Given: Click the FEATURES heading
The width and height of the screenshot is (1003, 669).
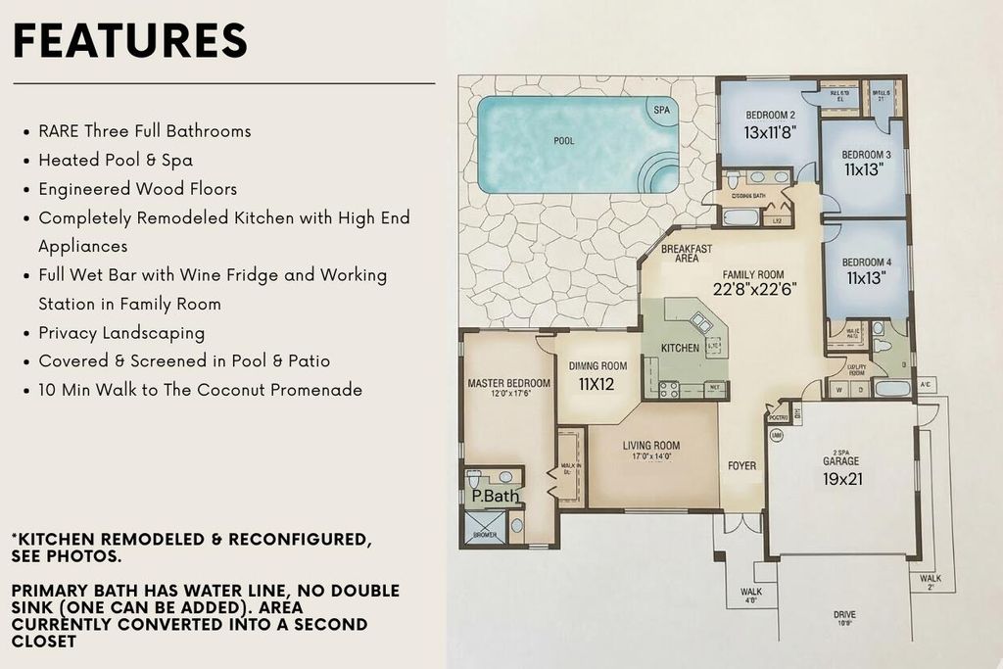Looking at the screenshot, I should (x=130, y=41).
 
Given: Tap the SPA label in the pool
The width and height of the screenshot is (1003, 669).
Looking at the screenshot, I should (x=661, y=111).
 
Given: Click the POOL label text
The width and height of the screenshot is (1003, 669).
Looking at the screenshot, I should (x=564, y=141).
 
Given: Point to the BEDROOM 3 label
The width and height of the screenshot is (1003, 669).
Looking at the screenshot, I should (x=867, y=155).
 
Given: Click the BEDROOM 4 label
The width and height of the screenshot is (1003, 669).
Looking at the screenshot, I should (x=867, y=263).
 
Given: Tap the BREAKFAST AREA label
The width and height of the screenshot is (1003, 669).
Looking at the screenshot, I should (x=687, y=254).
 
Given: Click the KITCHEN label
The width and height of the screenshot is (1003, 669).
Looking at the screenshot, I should (x=680, y=348).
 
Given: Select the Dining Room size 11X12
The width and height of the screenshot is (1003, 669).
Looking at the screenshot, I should (x=597, y=384).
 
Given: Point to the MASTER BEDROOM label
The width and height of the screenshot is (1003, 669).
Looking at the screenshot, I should (x=508, y=383).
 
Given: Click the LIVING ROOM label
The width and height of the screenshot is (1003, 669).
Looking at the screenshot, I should (x=651, y=446).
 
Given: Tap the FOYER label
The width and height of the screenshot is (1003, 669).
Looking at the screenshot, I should (x=742, y=465).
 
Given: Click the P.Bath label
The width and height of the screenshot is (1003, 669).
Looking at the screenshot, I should (x=495, y=497).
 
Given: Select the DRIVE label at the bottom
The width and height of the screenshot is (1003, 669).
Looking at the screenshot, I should (x=844, y=615).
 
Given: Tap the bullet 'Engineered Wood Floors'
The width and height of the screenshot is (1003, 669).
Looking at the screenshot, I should (x=137, y=188).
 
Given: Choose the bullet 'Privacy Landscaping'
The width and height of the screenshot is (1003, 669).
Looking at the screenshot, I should (x=121, y=332).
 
